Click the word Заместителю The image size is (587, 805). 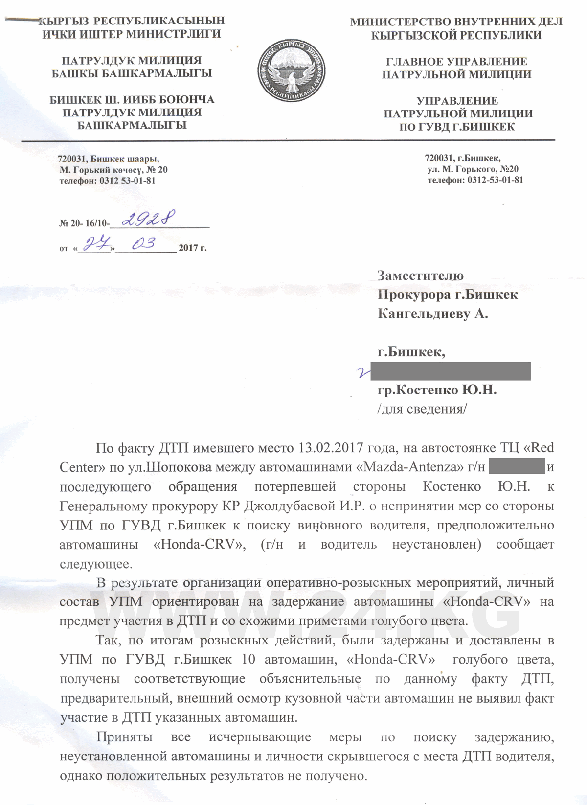tap(420, 276)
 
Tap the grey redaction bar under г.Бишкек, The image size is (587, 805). tap(450, 371)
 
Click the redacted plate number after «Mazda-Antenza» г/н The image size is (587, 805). tap(517, 466)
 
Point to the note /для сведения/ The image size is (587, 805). tap(422, 409)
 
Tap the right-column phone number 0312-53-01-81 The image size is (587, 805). tap(495, 180)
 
